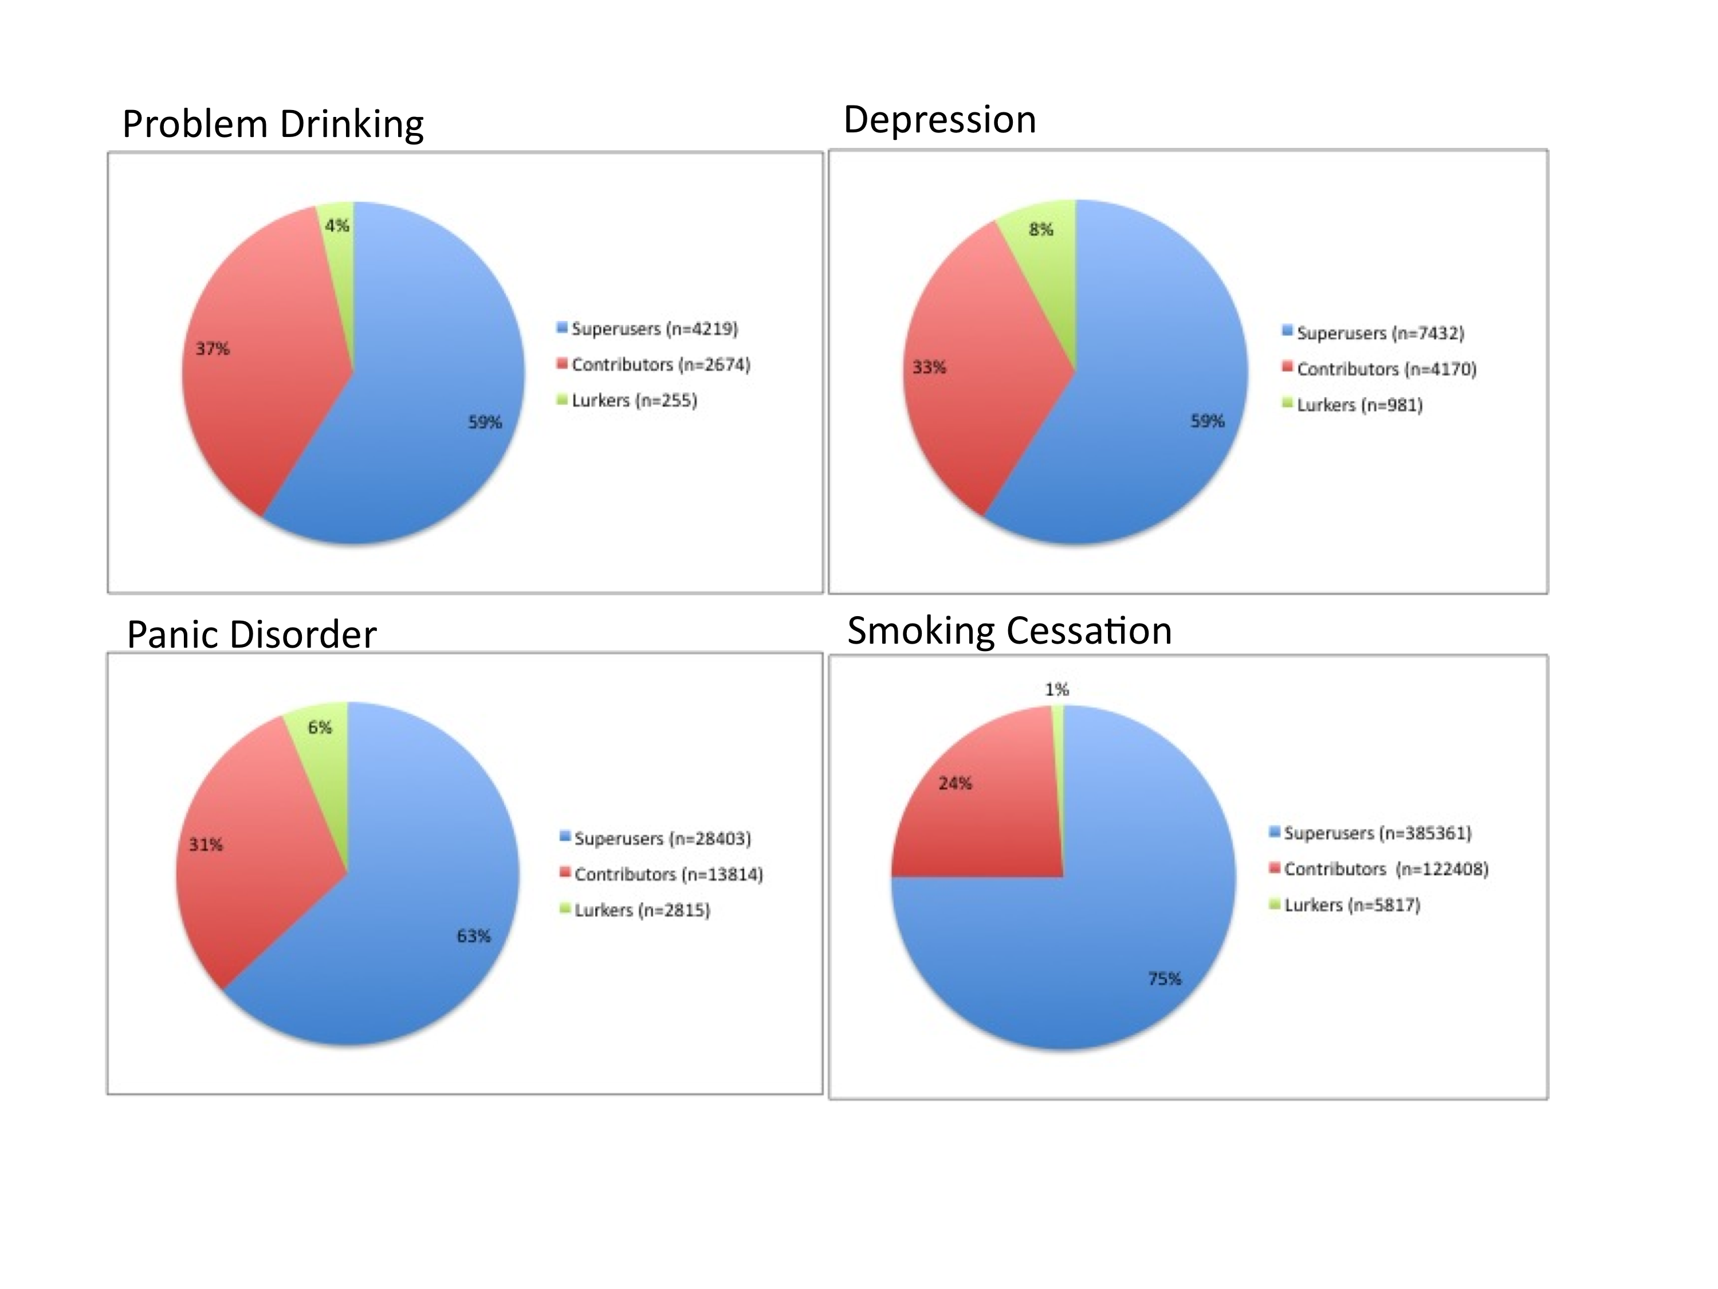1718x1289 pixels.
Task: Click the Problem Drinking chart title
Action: (273, 124)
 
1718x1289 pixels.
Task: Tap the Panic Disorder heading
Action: (251, 635)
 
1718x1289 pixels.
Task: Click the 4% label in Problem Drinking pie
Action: (337, 226)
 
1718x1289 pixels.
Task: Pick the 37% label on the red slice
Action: (213, 349)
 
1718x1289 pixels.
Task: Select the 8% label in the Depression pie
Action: (1041, 229)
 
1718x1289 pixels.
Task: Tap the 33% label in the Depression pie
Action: (929, 367)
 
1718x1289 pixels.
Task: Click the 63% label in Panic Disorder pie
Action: (473, 937)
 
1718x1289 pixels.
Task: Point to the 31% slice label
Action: (206, 845)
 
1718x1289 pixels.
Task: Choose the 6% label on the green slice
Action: (319, 727)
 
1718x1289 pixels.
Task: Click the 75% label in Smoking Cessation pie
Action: (1164, 979)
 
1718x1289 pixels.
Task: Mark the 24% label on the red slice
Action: (954, 783)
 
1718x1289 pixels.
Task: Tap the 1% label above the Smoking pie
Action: (1056, 689)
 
